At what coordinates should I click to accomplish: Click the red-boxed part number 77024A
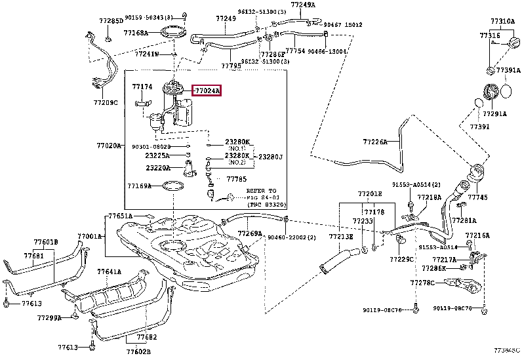pos(207,90)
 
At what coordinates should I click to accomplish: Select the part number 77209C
pos(105,103)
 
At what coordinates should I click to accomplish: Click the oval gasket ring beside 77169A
pos(172,186)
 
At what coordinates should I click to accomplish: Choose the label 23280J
pos(270,157)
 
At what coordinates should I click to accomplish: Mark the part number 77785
pos(236,178)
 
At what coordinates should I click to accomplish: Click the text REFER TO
pos(261,191)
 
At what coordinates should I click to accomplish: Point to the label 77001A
pos(89,236)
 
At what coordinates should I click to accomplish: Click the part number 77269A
pos(250,233)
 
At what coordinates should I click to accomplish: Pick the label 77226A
pos(375,141)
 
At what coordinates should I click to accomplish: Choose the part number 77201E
pos(369,194)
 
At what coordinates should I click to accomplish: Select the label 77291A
pos(496,113)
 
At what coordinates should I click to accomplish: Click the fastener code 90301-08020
pos(151,147)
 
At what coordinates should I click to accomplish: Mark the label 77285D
pos(111,21)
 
